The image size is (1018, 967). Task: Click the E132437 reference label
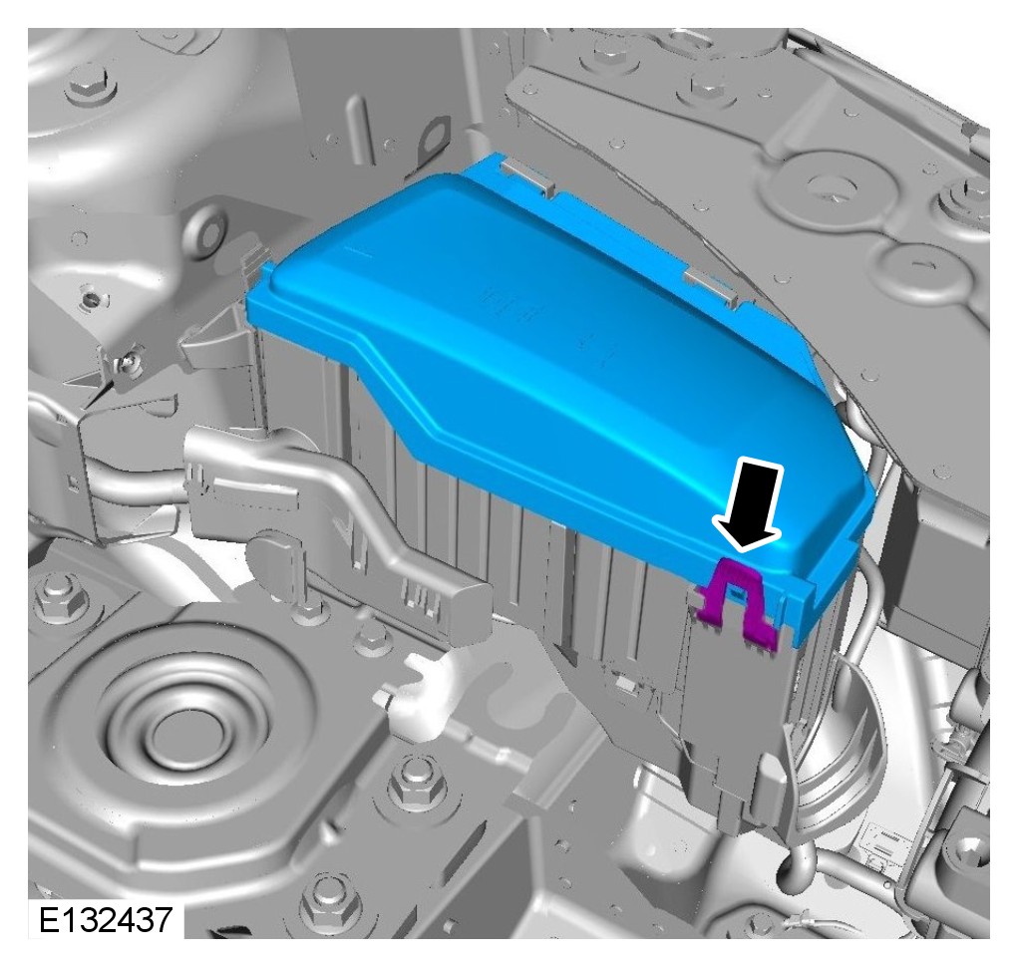[x=106, y=919]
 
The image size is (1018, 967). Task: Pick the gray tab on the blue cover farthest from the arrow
[x=528, y=176]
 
